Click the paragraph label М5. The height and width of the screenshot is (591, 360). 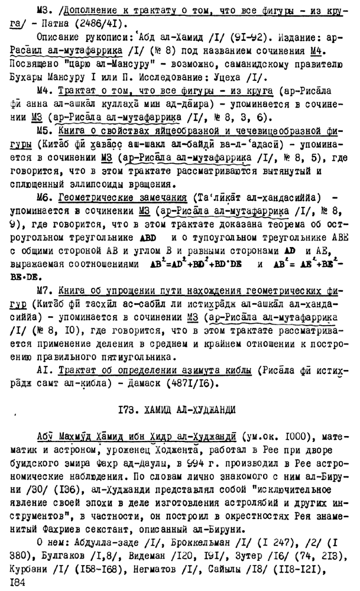44,128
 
